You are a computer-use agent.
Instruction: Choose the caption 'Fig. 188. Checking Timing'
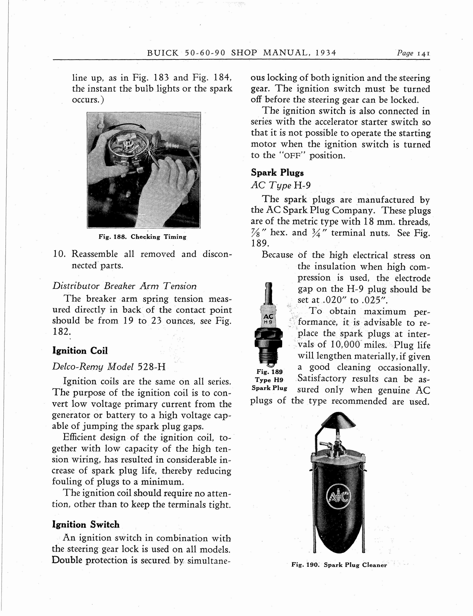coord(142,237)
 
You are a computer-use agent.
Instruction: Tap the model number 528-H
coord(151,367)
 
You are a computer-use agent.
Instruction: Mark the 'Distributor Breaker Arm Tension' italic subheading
coord(124,286)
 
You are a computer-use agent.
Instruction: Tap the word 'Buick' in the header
coord(163,53)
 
